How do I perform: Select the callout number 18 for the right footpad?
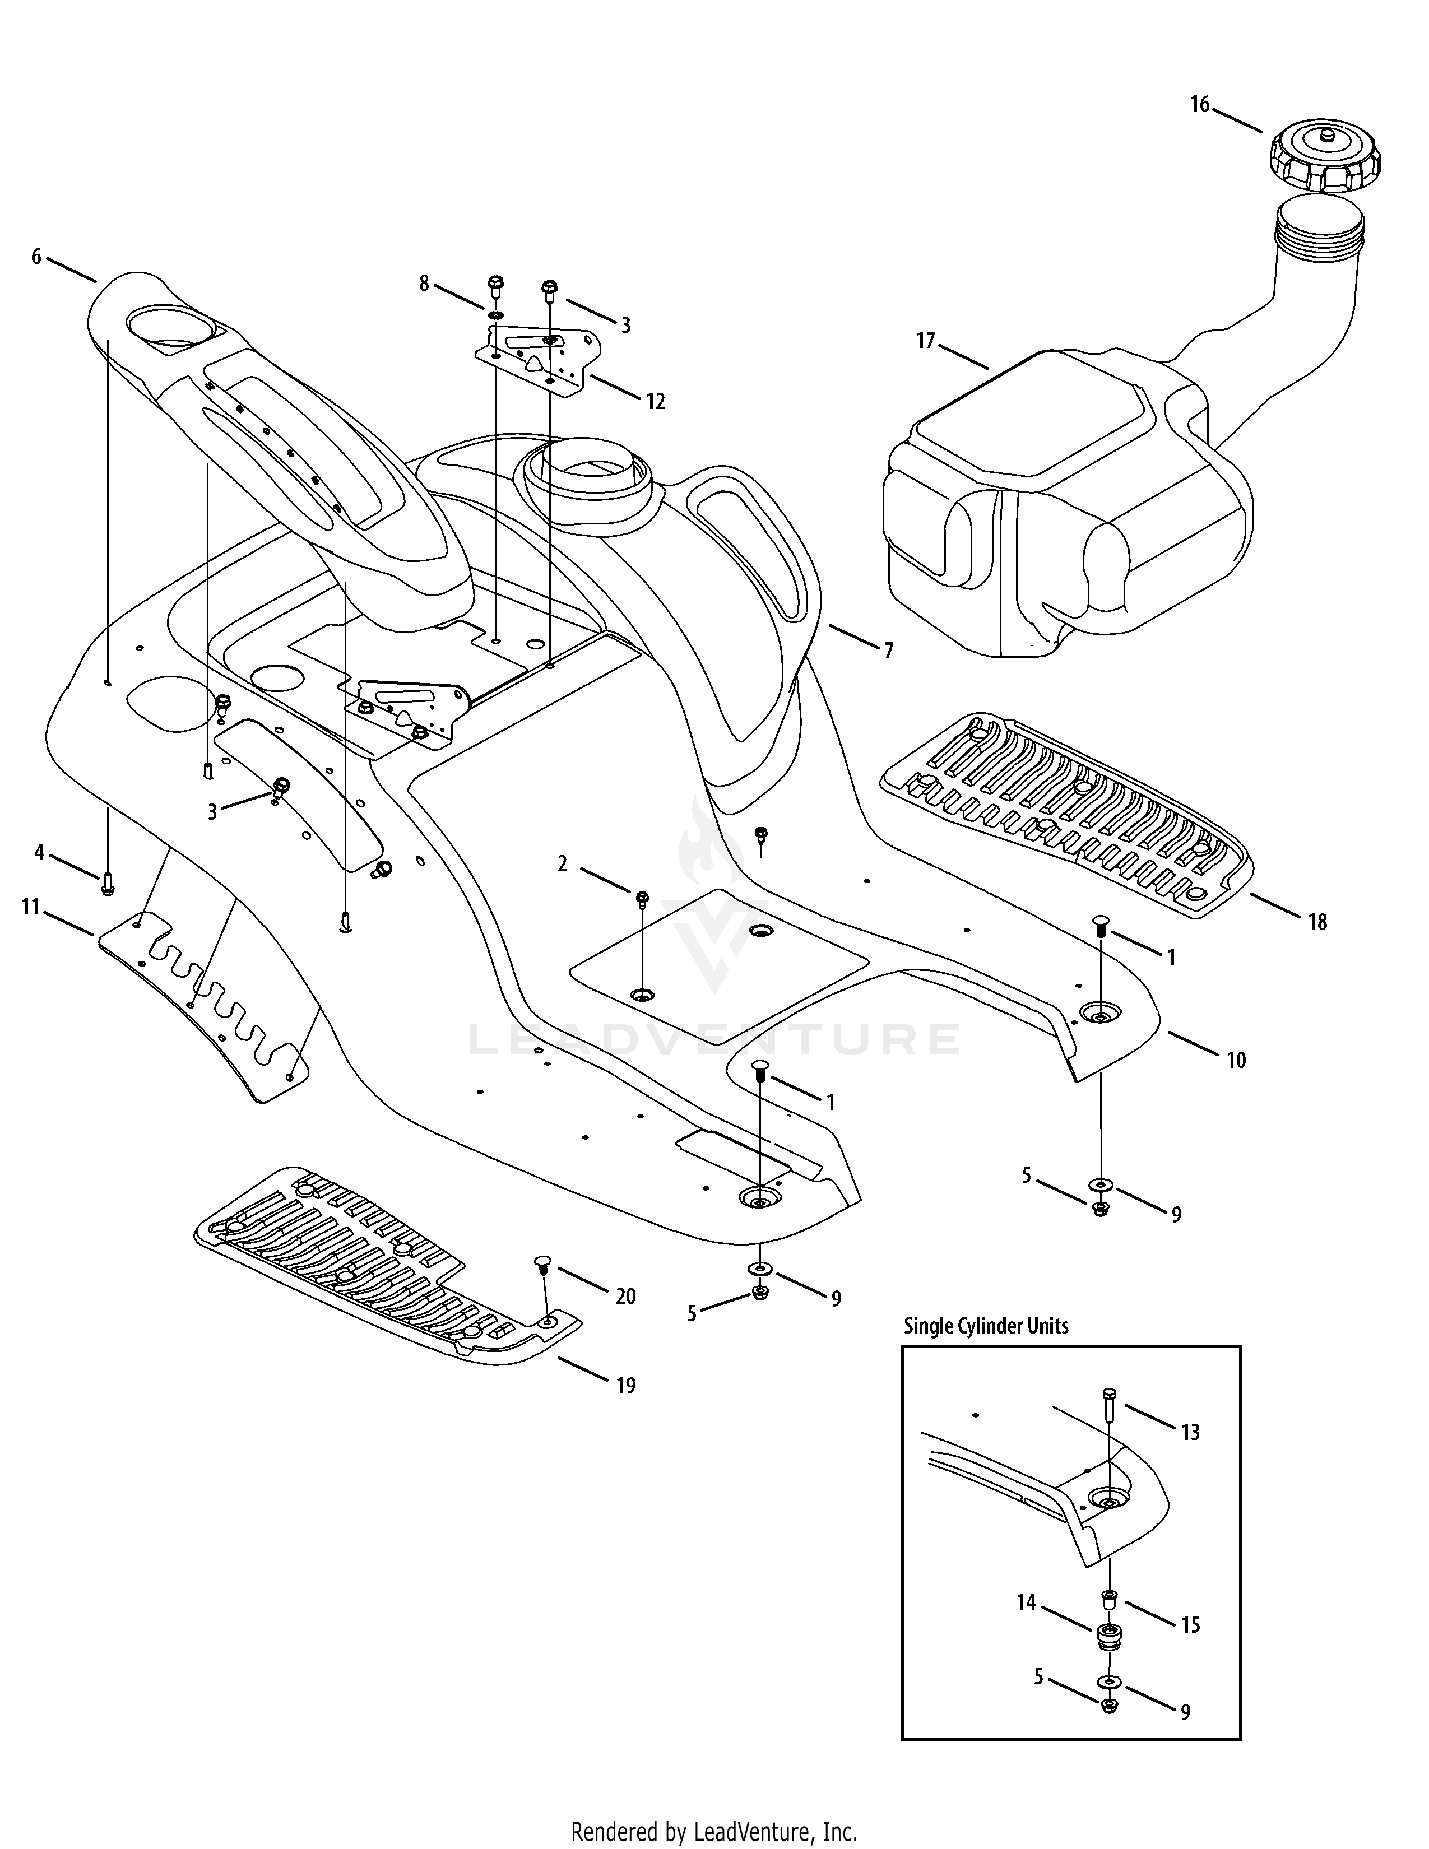tap(1317, 921)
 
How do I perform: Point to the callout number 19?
tap(625, 1385)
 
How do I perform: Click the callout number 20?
tap(625, 1295)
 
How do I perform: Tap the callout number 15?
tap(1190, 1625)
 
